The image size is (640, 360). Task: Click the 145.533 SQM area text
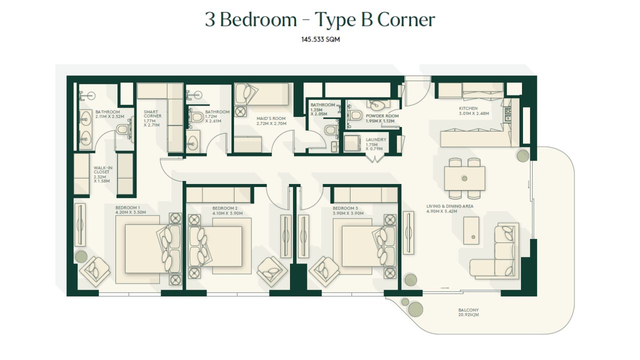[320, 39]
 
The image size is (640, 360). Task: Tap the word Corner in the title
[406, 19]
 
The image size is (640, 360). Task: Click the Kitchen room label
[468, 108]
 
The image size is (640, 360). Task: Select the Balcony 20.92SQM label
[468, 312]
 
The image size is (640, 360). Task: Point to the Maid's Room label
[271, 118]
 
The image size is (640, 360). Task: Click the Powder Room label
[382, 116]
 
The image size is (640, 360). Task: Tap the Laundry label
[375, 139]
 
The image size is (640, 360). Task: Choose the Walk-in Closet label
[103, 170]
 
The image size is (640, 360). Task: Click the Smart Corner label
[152, 114]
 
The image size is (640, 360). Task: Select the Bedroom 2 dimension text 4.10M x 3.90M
[227, 213]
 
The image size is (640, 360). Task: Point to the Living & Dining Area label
[449, 206]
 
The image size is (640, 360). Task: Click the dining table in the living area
[464, 178]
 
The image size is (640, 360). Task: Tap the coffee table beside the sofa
[471, 230]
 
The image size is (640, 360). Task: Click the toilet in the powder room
[355, 115]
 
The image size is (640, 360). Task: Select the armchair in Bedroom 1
[94, 271]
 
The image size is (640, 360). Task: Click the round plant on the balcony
[415, 309]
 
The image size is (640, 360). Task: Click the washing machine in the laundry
[352, 143]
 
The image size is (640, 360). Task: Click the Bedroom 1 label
[127, 207]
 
